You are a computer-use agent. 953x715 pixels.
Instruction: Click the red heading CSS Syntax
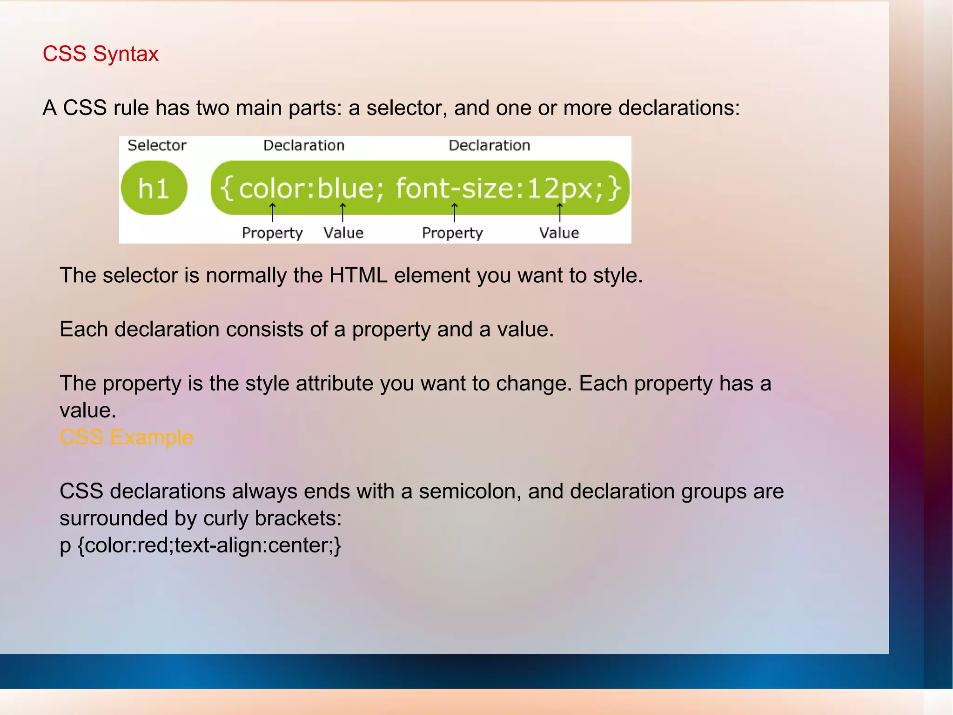tap(101, 54)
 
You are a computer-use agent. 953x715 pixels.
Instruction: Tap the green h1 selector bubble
tap(154, 188)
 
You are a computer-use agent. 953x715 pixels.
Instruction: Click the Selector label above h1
tap(157, 145)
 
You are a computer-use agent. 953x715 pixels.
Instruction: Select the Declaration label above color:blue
tap(303, 145)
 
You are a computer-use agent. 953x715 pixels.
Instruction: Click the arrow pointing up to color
tap(272, 212)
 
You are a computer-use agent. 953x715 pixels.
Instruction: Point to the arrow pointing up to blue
tap(342, 212)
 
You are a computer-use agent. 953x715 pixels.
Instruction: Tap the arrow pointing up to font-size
tap(454, 212)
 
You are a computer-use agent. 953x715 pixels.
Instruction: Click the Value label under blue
tap(343, 233)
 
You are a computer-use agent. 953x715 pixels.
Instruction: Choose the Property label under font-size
tap(452, 233)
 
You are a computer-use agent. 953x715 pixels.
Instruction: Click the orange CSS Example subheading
tap(126, 437)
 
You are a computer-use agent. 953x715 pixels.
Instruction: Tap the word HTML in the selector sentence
tap(358, 275)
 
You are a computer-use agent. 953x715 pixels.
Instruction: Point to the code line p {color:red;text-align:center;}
tap(200, 545)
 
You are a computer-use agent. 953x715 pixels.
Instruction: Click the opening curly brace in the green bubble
tap(227, 188)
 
